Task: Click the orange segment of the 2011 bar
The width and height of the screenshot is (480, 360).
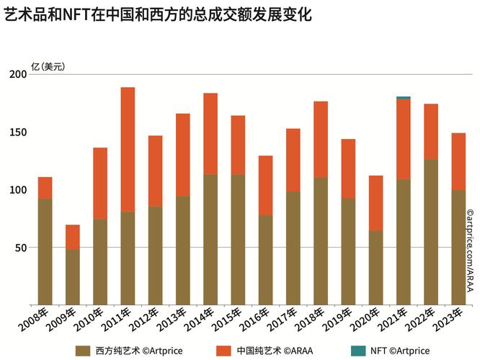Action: (x=128, y=149)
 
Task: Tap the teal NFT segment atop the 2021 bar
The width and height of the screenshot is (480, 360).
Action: (x=404, y=98)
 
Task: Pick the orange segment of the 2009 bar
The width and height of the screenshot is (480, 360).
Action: (x=72, y=237)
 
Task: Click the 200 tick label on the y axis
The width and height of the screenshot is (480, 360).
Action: (x=17, y=74)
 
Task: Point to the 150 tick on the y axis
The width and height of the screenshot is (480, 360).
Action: (x=17, y=132)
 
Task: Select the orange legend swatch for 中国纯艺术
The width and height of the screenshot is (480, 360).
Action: (x=224, y=351)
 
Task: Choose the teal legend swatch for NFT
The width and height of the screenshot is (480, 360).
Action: (x=358, y=351)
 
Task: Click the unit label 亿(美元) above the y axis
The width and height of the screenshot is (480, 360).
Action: (x=48, y=67)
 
